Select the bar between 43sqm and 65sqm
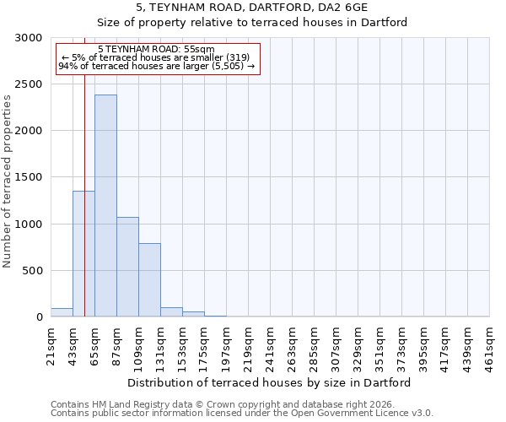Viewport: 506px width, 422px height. (x=83, y=253)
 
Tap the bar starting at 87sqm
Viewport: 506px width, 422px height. (x=127, y=267)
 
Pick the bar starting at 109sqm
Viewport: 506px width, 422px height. (x=149, y=279)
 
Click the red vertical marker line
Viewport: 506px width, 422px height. (x=84, y=169)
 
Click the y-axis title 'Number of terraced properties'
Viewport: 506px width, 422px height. (x=8, y=181)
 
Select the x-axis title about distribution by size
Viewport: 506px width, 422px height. (x=270, y=382)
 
